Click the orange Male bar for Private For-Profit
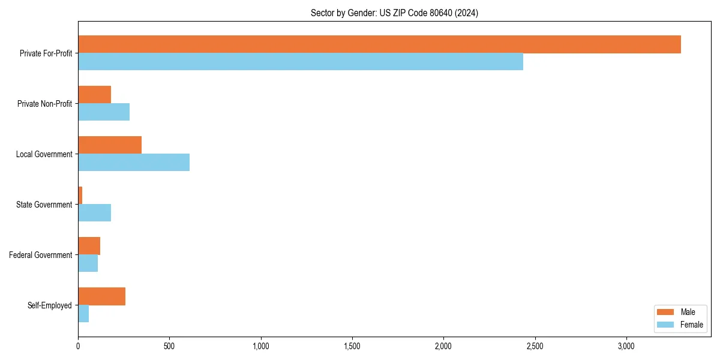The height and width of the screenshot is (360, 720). pyautogui.click(x=379, y=44)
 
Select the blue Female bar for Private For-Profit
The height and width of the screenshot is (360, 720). pyautogui.click(x=300, y=62)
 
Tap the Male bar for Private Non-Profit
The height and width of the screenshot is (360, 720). pyautogui.click(x=94, y=95)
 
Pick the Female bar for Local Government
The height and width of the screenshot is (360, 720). pyautogui.click(x=134, y=163)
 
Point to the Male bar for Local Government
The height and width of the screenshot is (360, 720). pyautogui.click(x=110, y=145)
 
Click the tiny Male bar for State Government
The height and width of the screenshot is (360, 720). pyautogui.click(x=80, y=196)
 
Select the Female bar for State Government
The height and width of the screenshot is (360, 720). pyautogui.click(x=94, y=213)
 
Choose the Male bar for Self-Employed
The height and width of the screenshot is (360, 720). pyautogui.click(x=101, y=296)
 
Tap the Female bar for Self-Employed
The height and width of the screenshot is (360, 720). pyautogui.click(x=83, y=314)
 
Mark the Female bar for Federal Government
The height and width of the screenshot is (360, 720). pyautogui.click(x=88, y=263)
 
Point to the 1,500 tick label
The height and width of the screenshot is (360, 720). pyautogui.click(x=352, y=346)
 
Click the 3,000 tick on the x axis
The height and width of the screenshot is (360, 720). pyautogui.click(x=626, y=346)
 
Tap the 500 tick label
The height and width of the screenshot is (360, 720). pyautogui.click(x=169, y=346)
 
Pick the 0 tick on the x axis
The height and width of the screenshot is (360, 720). pyautogui.click(x=78, y=346)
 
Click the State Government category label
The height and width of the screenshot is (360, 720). pyautogui.click(x=44, y=205)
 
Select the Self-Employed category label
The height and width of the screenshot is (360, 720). pyautogui.click(x=50, y=305)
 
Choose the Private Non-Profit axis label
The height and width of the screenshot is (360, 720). pyautogui.click(x=44, y=104)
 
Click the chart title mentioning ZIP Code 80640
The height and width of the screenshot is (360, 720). pyautogui.click(x=394, y=13)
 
